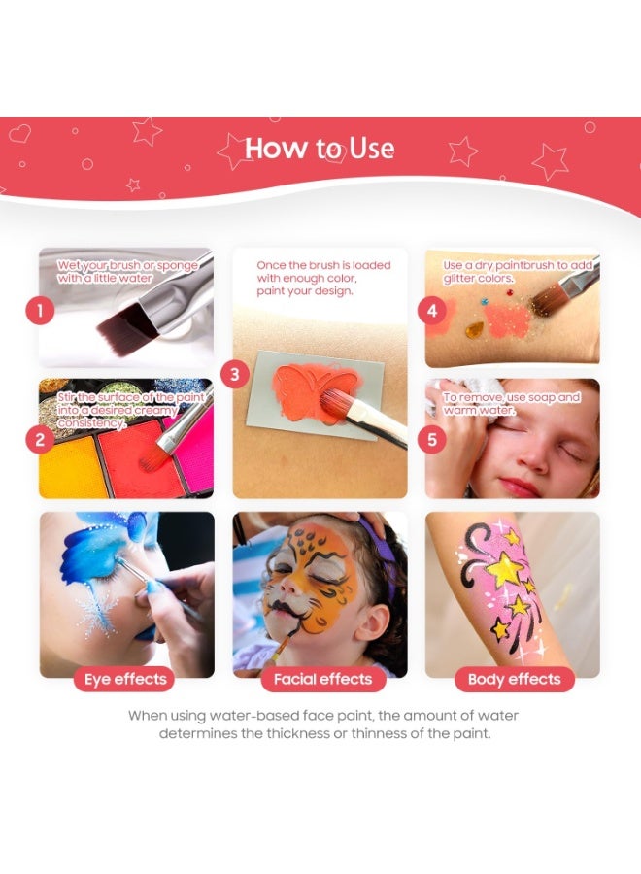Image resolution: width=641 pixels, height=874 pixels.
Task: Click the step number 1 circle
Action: click(40, 311)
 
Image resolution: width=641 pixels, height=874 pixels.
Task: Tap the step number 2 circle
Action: click(40, 440)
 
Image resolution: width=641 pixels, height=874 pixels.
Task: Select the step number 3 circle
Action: click(235, 374)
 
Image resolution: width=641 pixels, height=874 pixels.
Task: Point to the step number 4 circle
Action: click(430, 311)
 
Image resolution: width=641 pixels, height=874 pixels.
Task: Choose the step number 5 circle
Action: click(430, 439)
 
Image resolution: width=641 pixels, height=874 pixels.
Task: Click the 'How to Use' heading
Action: click(320, 149)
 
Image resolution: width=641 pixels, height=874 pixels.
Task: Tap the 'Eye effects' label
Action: click(126, 679)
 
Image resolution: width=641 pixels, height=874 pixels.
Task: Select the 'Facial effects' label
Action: click(322, 679)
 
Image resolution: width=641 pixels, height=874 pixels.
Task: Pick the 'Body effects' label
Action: click(514, 679)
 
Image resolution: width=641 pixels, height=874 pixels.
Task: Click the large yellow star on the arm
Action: click(504, 570)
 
